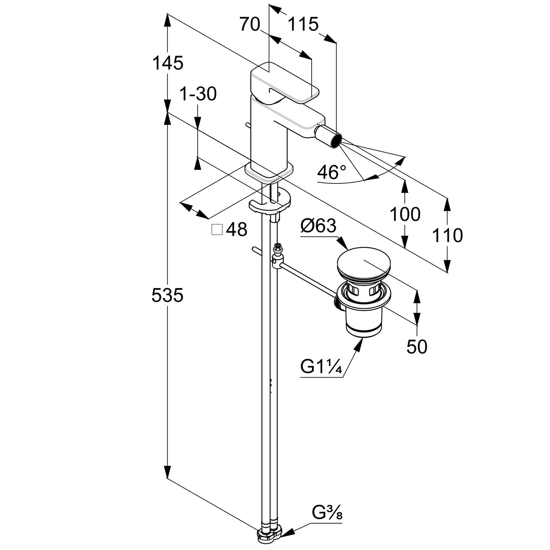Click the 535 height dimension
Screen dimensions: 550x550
tap(167, 296)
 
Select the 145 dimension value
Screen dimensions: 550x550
tap(168, 63)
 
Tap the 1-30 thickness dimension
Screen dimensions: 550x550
tap(198, 94)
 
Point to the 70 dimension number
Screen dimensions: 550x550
tap(250, 25)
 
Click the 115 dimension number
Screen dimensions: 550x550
tap(303, 25)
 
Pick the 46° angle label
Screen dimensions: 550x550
tap(331, 172)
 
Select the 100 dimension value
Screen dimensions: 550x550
tap(405, 214)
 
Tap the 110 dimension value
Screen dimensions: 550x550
tap(447, 235)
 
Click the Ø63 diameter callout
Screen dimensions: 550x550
tap(318, 226)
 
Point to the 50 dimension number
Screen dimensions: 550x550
tap(417, 347)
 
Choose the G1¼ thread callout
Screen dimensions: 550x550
tap(321, 366)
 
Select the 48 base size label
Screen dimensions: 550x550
tap(237, 230)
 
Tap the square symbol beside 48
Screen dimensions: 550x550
tap(217, 230)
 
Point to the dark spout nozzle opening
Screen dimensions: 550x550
tap(336, 140)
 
